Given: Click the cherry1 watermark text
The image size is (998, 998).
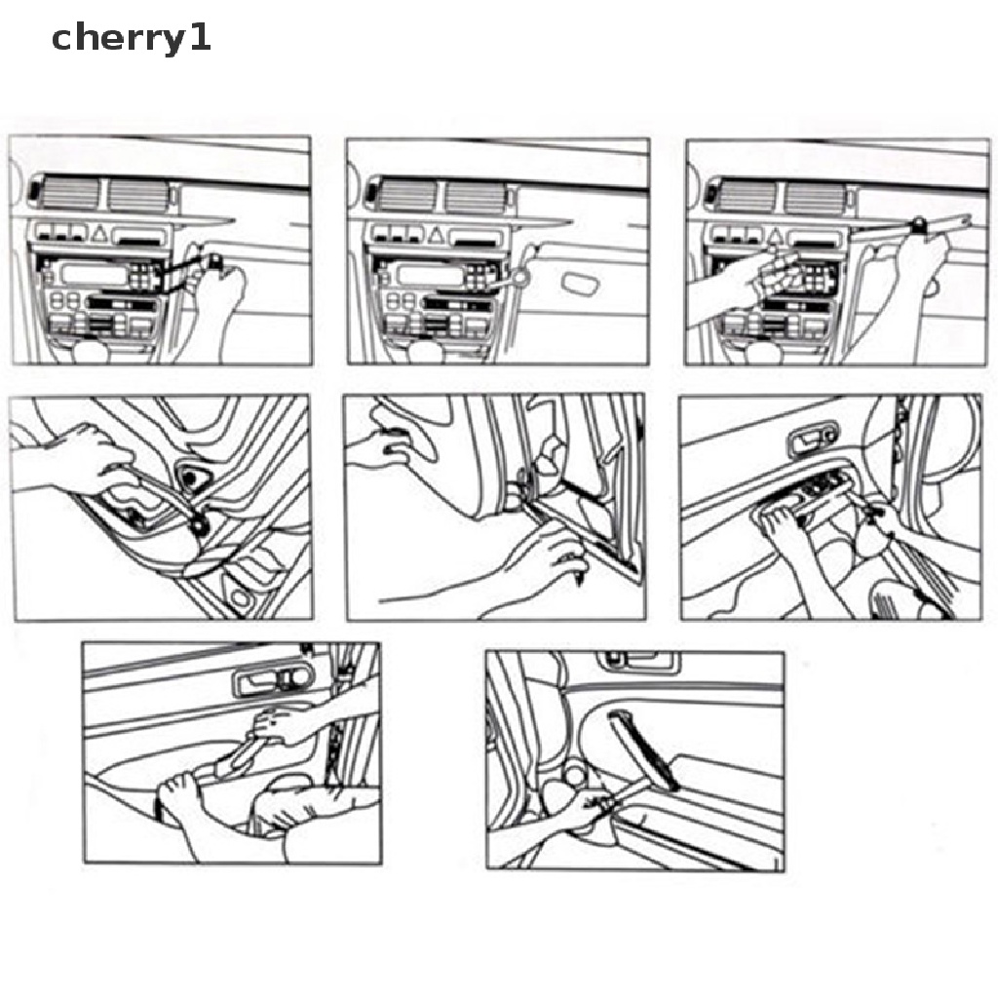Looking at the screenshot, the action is click(x=131, y=39).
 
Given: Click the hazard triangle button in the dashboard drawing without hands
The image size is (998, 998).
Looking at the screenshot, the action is click(x=436, y=236).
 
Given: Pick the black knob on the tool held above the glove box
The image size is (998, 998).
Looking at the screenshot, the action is click(x=920, y=224).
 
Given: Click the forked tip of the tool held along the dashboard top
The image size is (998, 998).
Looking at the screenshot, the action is click(x=965, y=220).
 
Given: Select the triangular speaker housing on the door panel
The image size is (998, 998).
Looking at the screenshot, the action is click(x=192, y=476).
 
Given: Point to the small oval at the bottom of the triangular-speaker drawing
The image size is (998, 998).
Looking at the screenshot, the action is click(x=240, y=597).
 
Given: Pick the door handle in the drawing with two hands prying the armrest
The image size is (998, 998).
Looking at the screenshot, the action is click(x=274, y=679).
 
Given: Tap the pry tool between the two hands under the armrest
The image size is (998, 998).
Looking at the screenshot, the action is click(x=239, y=756).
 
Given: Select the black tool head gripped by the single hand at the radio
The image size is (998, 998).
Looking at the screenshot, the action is click(x=215, y=259).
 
